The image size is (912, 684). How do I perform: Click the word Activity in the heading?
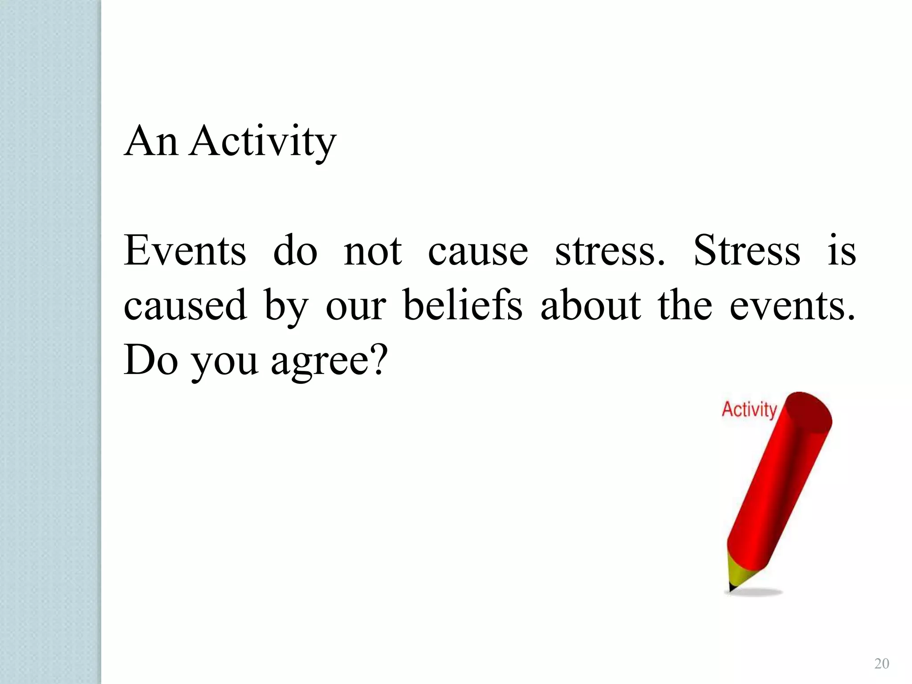263,142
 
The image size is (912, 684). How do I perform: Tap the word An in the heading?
151,142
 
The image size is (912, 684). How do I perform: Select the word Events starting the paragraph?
185,251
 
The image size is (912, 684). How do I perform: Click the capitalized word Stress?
747,251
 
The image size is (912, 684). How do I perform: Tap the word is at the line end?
841,251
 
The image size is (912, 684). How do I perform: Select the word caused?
185,305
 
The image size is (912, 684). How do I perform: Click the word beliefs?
463,305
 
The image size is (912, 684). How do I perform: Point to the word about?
590,305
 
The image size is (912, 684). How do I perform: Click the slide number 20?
882,664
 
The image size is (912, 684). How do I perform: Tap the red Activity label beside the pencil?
749,409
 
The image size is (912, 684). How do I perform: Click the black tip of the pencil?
731,587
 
